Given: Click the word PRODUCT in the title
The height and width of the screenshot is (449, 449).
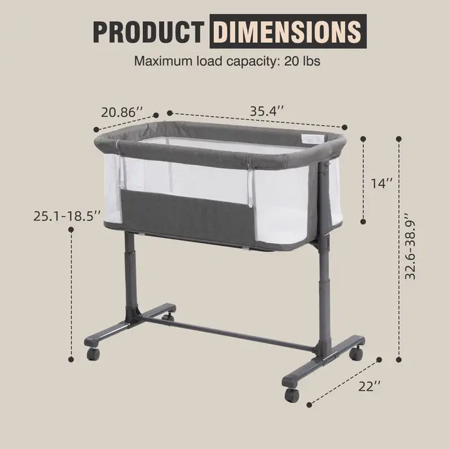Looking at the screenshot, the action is coord(148,32).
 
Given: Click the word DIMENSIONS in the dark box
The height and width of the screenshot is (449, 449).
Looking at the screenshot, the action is coord(287,31).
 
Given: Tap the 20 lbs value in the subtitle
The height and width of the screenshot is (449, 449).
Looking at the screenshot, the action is coord(302,61).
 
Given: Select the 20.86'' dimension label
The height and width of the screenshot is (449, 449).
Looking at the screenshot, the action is coord(122,112).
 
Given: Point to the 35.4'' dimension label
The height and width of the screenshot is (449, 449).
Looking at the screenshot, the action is coord(267,111).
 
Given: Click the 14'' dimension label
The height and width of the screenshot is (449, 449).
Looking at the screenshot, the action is coord(382,183).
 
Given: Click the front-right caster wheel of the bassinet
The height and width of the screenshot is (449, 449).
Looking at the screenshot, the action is coord(292,395).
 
